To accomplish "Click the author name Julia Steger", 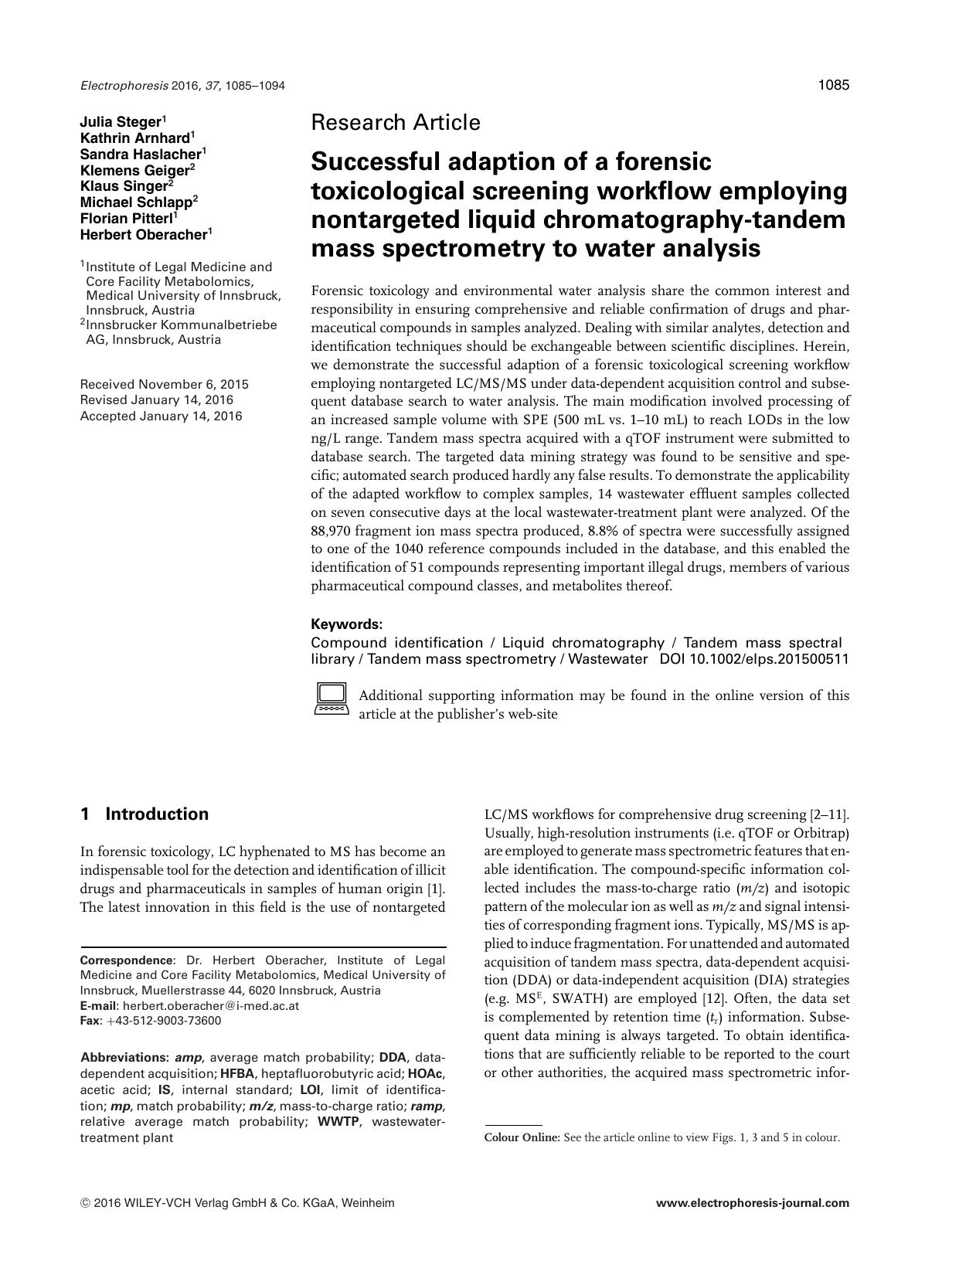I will (x=121, y=121).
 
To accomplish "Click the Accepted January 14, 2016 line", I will (x=161, y=416).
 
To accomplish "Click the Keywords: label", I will (x=346, y=624).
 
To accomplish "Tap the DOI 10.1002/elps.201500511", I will (x=753, y=659).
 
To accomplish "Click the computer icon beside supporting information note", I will (x=331, y=698).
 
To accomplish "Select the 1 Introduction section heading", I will (x=145, y=814).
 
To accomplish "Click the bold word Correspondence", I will (x=127, y=960).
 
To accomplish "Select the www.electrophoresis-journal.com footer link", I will (x=752, y=1202).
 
